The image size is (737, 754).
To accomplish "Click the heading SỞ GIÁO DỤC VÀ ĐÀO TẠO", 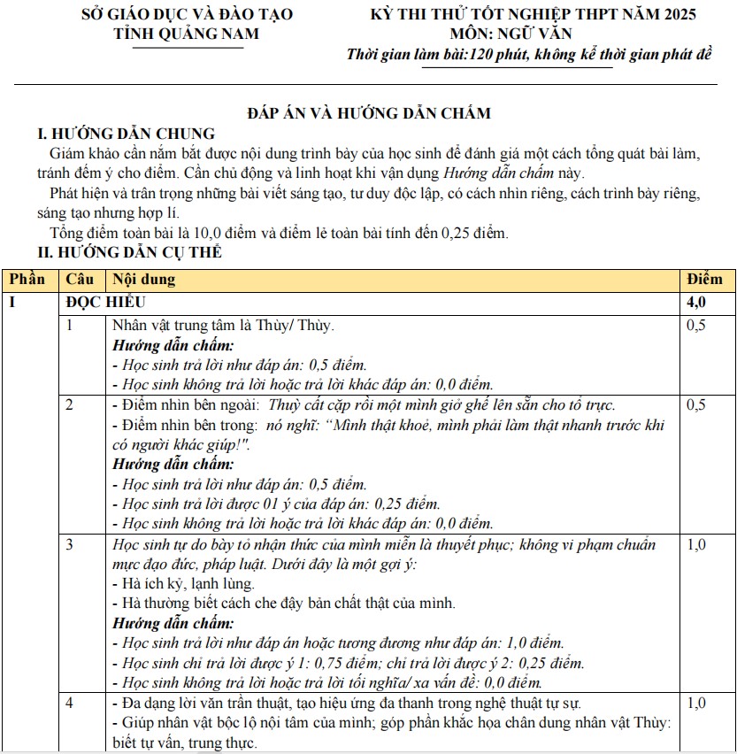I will [x=187, y=14].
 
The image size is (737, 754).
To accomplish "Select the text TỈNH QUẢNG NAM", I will [x=187, y=34].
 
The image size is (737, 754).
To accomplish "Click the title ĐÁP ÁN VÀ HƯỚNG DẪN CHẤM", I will [x=368, y=112].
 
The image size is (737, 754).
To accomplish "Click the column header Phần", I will [x=27, y=279].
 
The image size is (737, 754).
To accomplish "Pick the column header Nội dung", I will [x=143, y=279].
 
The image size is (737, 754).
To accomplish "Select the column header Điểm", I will [x=704, y=279].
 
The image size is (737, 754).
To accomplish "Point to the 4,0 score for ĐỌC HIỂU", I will [x=696, y=302].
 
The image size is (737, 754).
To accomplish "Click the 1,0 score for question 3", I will [x=696, y=544].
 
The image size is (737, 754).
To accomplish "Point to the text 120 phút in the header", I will [x=503, y=55].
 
